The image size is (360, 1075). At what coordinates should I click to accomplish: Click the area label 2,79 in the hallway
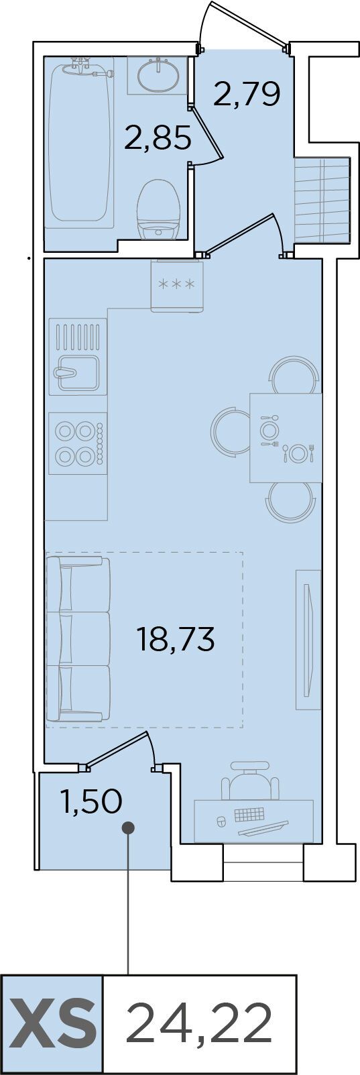[x=247, y=94]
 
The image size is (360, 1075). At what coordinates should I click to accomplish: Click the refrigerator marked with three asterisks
[x=177, y=286]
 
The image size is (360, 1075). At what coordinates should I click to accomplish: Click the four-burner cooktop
[x=77, y=443]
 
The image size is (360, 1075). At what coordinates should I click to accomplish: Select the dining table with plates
[x=286, y=437]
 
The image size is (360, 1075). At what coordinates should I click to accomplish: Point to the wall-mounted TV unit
[x=308, y=640]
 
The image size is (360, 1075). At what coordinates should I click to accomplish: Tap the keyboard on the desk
[x=249, y=814]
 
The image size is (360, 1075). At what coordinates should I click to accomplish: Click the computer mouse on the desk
[x=221, y=821]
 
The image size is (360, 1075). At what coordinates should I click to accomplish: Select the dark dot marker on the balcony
[x=128, y=827]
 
